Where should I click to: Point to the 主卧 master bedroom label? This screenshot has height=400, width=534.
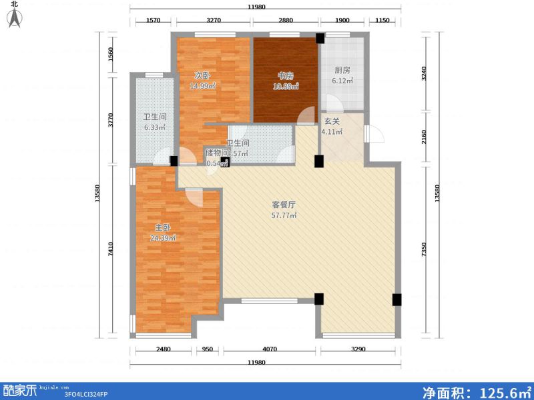[x=162, y=227]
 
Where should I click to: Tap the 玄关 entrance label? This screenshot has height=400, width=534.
[x=332, y=121]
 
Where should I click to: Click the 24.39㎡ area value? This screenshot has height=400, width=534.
[x=163, y=238]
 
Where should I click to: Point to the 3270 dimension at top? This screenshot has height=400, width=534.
[x=214, y=21]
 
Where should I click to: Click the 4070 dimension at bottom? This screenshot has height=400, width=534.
[x=270, y=349]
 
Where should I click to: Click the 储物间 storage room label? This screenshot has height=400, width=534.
[x=217, y=153]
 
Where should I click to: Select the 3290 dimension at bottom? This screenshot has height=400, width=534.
[x=360, y=349]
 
